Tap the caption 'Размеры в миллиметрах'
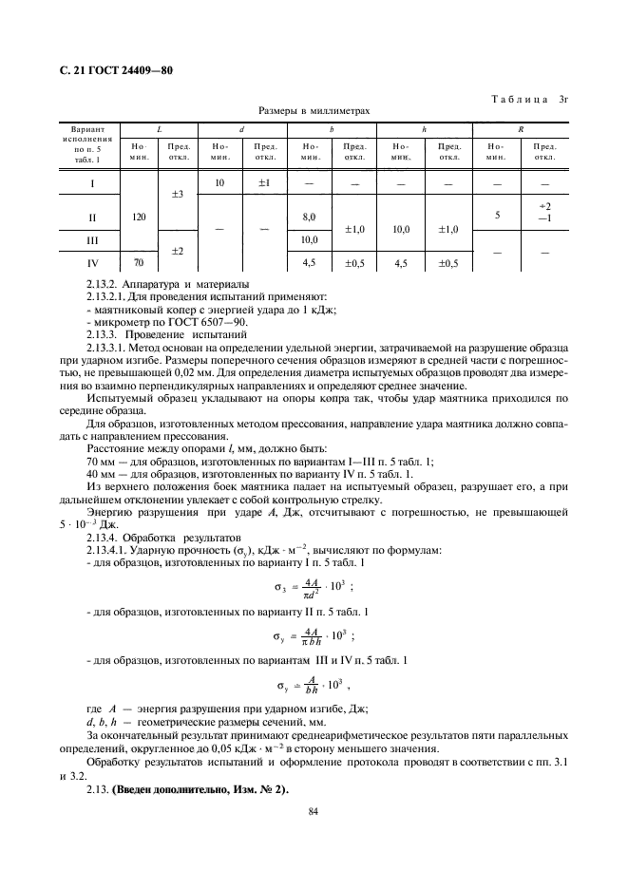314,111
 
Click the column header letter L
160,128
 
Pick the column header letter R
520,128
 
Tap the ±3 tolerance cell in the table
177,195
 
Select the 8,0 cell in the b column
309,218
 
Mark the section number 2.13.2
105,284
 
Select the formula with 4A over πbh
314,636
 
